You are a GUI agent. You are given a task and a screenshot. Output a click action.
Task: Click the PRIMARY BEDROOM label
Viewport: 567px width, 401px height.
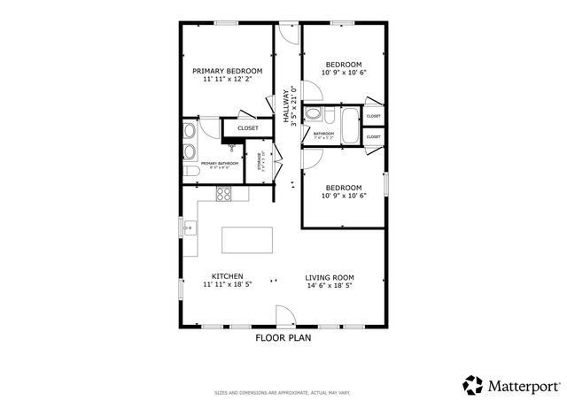(227, 71)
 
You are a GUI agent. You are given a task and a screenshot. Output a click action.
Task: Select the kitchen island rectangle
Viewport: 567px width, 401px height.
(246, 240)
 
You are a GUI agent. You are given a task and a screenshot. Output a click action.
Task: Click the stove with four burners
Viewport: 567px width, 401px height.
(224, 194)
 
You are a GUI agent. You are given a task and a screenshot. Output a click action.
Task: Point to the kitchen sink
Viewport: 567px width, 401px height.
(189, 228)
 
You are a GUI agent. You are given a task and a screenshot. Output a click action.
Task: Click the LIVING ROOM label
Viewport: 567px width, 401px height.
(330, 276)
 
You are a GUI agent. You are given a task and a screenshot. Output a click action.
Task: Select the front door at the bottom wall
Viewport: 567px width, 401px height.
(284, 317)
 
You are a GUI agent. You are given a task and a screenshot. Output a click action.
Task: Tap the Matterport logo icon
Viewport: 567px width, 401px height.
(473, 385)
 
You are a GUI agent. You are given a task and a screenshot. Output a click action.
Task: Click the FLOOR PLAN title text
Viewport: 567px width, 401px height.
(283, 337)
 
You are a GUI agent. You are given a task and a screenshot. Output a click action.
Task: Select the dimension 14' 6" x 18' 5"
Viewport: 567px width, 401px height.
(330, 285)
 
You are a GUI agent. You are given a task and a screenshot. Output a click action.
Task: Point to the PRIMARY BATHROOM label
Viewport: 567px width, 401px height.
(218, 164)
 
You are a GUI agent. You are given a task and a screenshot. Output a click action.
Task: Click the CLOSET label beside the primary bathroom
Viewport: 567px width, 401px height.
(248, 128)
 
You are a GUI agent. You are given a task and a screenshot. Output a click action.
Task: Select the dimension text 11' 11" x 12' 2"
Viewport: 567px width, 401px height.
(227, 80)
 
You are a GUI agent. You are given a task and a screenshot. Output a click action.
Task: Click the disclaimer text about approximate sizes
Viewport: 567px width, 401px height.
(283, 392)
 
